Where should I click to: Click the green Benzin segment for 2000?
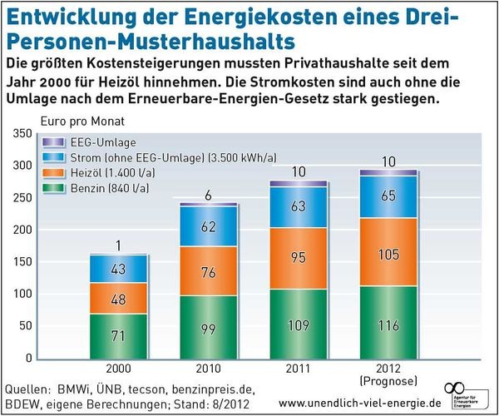118,334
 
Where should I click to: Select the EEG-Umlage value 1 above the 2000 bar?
119,245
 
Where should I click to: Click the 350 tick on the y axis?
22,134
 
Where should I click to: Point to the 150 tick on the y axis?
22,262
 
